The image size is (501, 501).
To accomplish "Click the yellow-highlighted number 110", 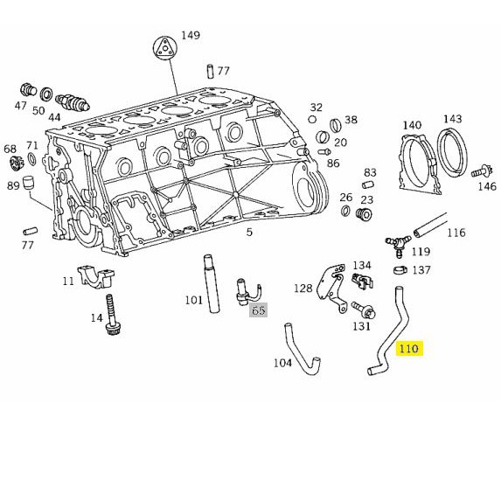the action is coord(409,348).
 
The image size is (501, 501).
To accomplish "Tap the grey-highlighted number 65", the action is coord(259,310).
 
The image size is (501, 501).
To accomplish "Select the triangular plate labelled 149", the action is coord(165,48).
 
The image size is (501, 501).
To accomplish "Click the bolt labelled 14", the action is coord(112,315).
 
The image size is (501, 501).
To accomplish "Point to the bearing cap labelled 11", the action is coord(96,276).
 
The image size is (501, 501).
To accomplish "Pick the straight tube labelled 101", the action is coord(211,284).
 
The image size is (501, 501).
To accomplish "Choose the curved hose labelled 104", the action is coord(301,351).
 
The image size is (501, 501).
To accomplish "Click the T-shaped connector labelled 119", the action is coord(398,245).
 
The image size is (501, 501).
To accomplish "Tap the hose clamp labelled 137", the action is coord(400,270).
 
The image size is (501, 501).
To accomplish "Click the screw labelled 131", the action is coord(365,310).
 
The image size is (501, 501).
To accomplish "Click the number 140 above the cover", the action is coord(412,125).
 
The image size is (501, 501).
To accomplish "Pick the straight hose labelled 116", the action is coord(430,226).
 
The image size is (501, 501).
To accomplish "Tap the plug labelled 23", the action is coord(364,214).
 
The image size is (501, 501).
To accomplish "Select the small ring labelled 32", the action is coord(312,119).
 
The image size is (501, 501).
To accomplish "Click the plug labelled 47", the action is coord(28,89).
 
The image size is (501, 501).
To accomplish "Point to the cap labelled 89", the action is coord(30,182).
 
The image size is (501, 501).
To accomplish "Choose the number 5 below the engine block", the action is coord(249,232).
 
